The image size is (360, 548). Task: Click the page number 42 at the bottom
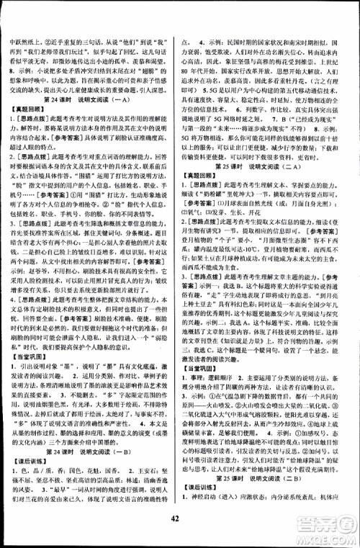click(180, 534)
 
